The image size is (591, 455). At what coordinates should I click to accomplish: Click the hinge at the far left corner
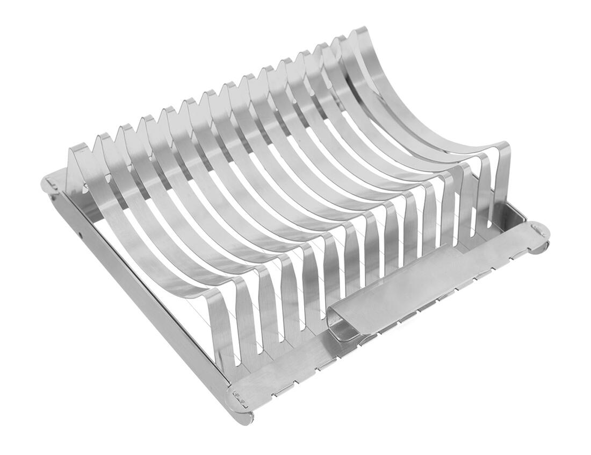click(x=51, y=186)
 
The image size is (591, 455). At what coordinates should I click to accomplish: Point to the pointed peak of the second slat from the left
click(x=102, y=137)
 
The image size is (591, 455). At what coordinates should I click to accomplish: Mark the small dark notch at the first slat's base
click(x=86, y=188)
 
